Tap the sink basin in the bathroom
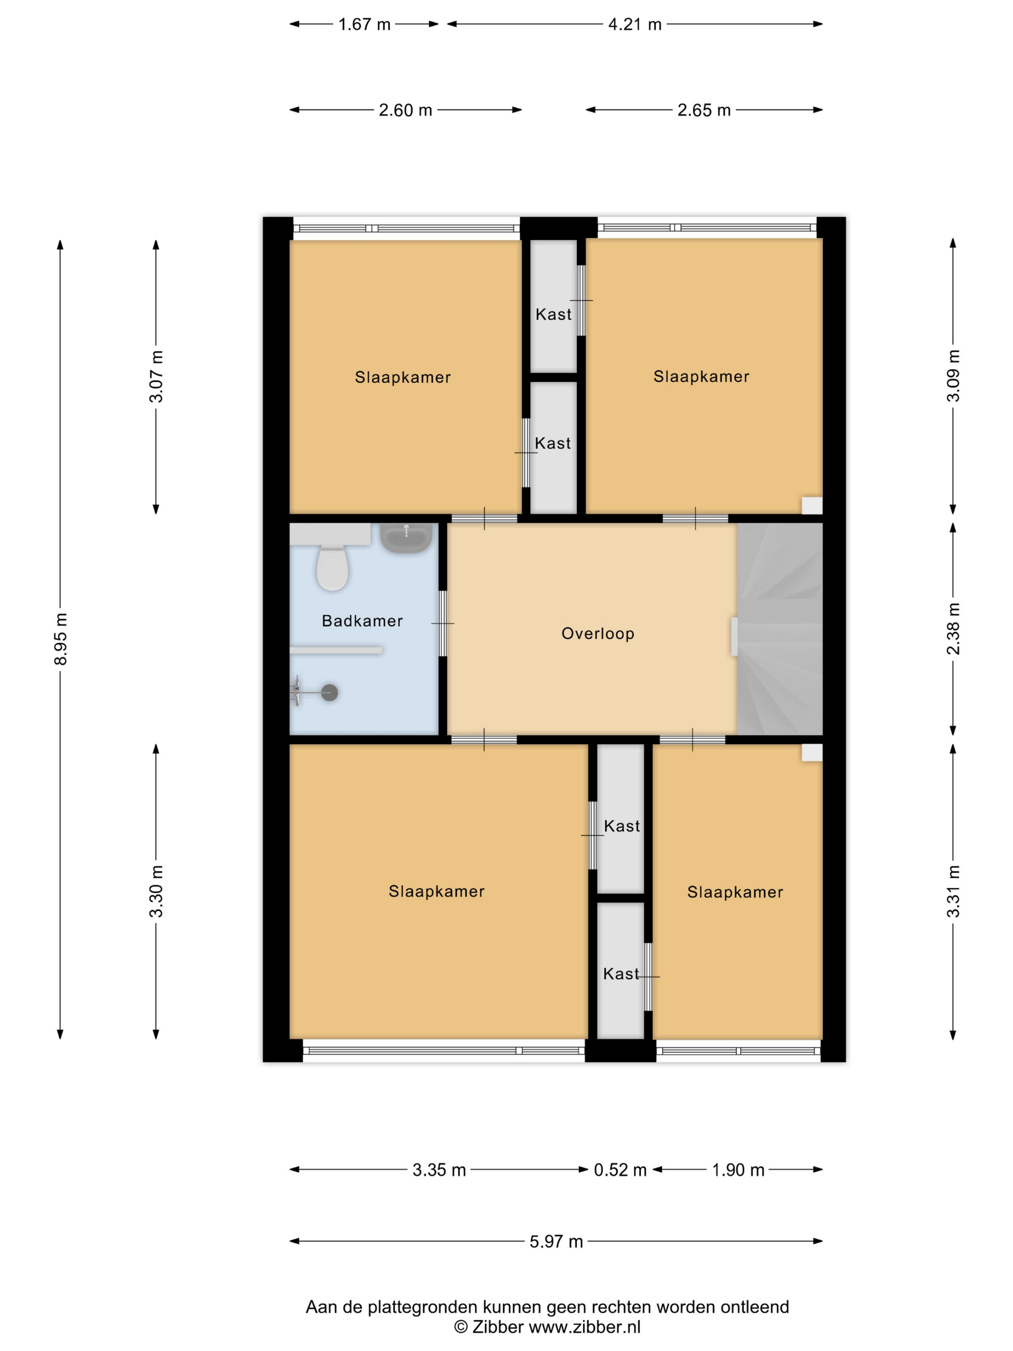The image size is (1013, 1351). [x=406, y=538]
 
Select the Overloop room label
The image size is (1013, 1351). [x=598, y=634]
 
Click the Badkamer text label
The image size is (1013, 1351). [x=362, y=621]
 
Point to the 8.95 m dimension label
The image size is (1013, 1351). [x=60, y=639]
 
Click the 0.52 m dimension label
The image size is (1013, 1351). [x=620, y=1170]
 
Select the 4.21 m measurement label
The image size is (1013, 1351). [x=635, y=25]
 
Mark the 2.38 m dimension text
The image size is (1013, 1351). [x=953, y=629]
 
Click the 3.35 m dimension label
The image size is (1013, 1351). [x=439, y=1170]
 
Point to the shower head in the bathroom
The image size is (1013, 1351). [x=330, y=692]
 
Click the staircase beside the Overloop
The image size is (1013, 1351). [x=780, y=629]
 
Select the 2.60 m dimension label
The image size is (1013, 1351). [x=406, y=110]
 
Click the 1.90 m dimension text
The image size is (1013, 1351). [x=738, y=1170]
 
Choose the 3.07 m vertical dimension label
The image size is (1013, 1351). [x=156, y=376]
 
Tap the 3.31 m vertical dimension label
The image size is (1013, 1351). [x=953, y=892]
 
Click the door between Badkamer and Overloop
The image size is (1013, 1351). [x=443, y=623]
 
